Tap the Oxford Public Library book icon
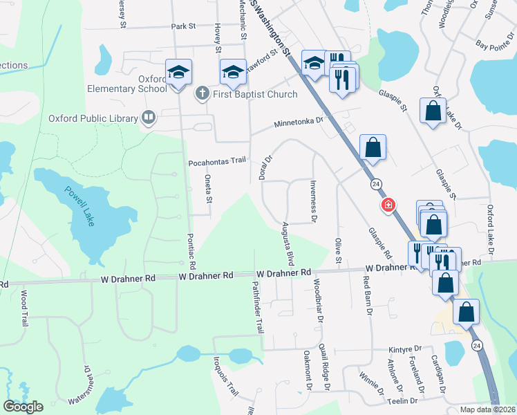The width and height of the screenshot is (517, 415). tap(148, 118)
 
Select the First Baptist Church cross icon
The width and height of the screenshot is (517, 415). tap(203, 94)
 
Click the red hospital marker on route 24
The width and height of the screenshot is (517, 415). tap(388, 205)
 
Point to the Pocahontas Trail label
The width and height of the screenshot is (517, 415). tap(217, 161)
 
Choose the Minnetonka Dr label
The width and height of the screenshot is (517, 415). tap(299, 122)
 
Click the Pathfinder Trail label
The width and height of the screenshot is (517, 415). tap(256, 306)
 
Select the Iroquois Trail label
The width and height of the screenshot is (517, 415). tap(227, 380)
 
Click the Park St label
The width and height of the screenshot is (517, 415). tap(184, 26)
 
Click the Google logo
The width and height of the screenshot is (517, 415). tap(23, 406)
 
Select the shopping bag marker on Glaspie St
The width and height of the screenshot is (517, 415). tap(433, 111)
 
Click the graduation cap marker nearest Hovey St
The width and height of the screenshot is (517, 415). tap(233, 71)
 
